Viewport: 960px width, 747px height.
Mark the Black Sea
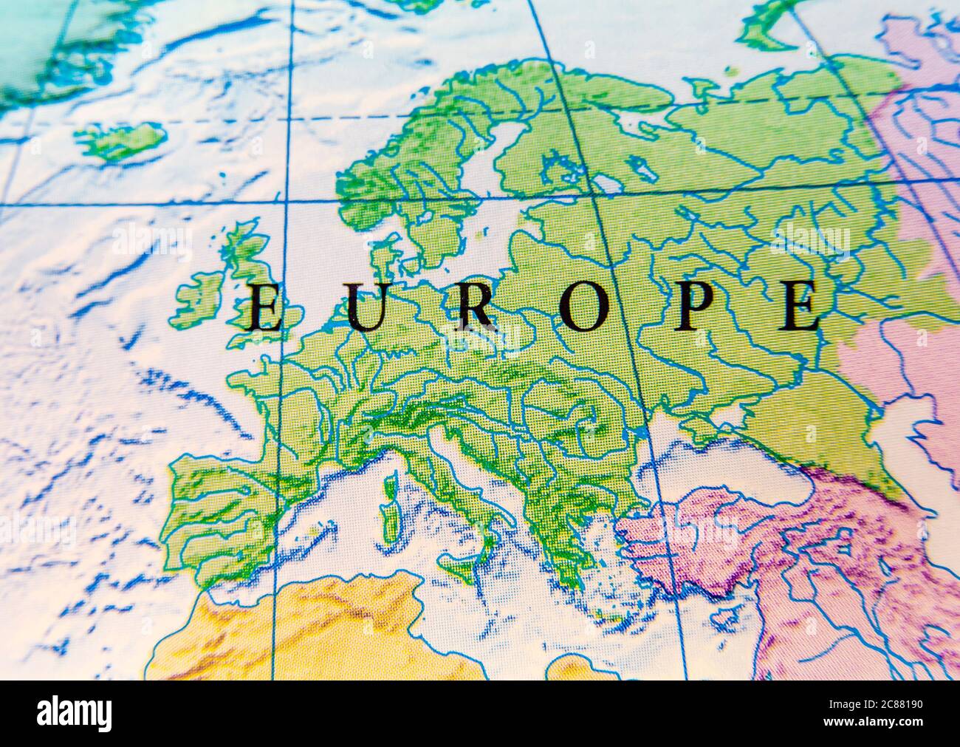tap(709, 465)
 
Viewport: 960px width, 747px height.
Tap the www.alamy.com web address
tap(879, 723)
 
